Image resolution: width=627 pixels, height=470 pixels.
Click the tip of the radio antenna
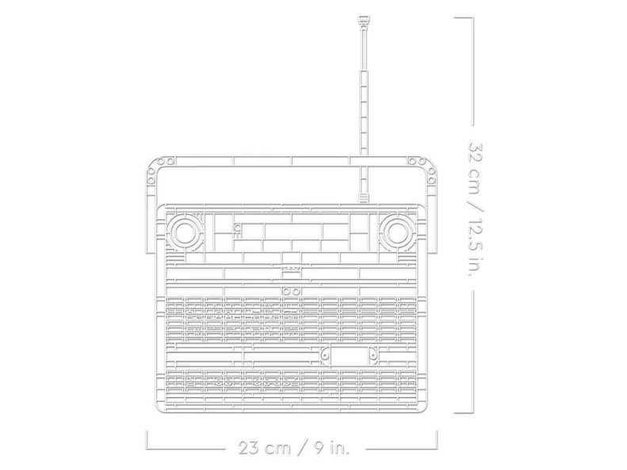[x=363, y=17]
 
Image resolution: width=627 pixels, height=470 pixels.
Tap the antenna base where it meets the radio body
[x=364, y=199]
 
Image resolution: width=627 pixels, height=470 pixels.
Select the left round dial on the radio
[x=185, y=232]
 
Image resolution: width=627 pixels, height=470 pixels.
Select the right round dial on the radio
[x=396, y=232]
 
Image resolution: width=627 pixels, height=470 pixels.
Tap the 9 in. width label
[x=331, y=448]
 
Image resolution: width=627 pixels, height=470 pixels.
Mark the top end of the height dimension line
[x=473, y=17]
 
